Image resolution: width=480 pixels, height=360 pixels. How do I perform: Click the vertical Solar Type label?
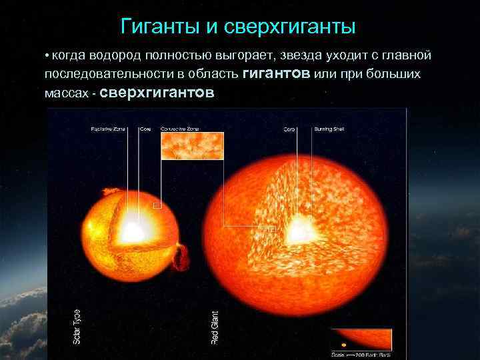pos(77,327)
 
